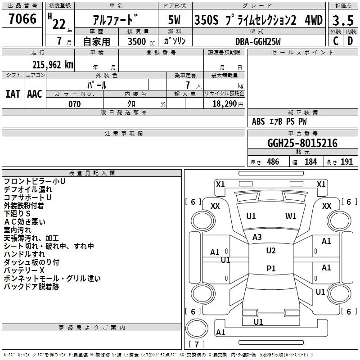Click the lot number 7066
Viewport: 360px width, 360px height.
click(22, 19)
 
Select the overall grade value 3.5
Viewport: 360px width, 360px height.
click(342, 20)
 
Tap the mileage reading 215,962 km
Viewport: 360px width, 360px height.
click(53, 64)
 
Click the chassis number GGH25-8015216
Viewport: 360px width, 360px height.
click(302, 143)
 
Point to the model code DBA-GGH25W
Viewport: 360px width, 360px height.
click(258, 41)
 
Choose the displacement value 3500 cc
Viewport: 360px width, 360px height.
click(139, 41)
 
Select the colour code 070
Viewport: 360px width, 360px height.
click(74, 104)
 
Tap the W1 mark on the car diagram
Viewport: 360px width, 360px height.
click(291, 216)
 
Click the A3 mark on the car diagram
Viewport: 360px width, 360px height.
click(257, 237)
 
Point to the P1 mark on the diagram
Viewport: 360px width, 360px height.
click(271, 268)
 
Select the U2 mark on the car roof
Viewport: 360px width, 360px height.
click(270, 251)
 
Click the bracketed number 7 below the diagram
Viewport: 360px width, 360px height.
click(196, 345)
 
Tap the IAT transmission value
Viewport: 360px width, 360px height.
click(13, 94)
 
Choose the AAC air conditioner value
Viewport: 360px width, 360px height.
click(35, 94)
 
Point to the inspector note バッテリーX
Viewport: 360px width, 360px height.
click(24, 270)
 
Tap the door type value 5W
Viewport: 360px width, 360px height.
click(175, 20)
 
